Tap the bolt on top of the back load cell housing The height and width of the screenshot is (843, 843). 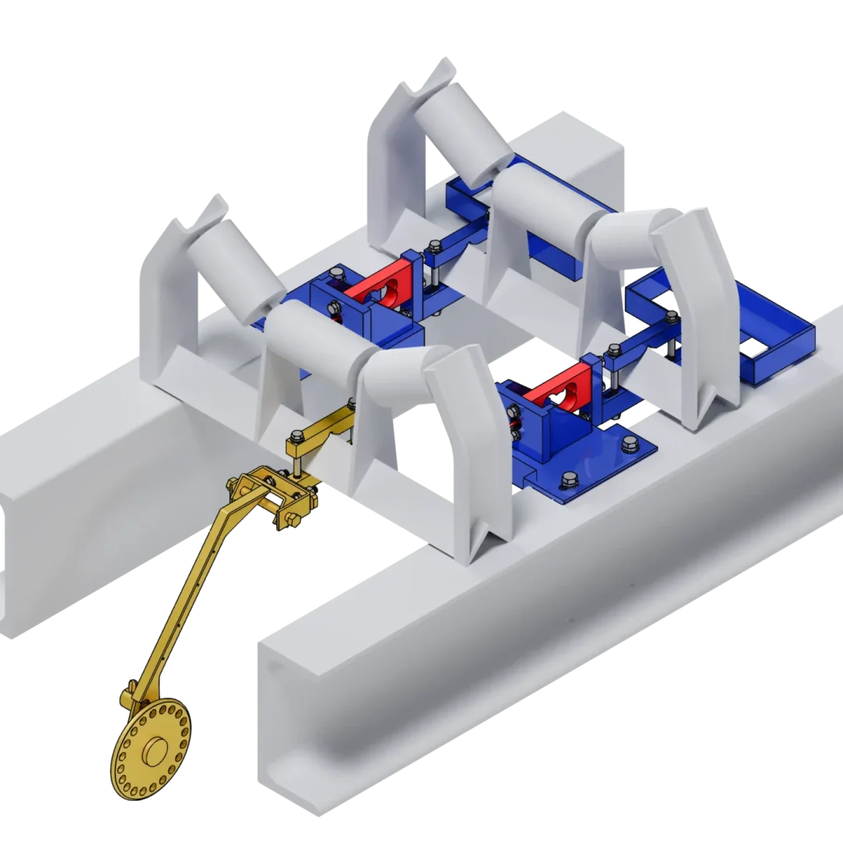[x=336, y=273]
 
